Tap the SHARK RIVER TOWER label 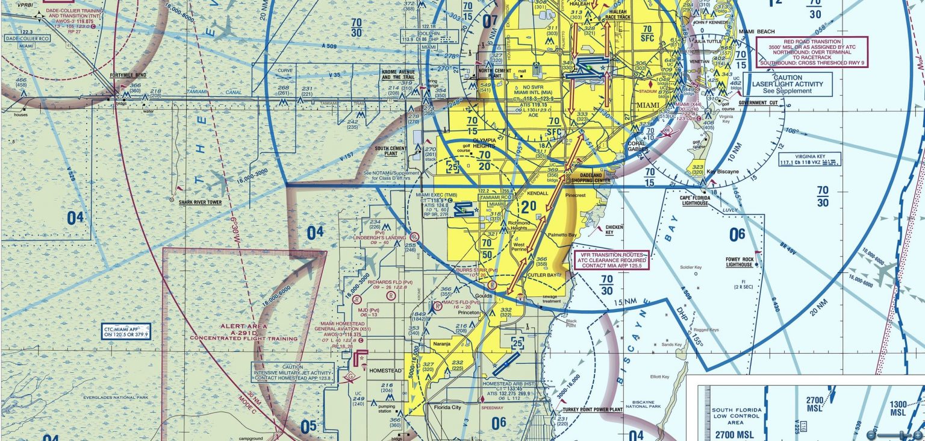pos(200,202)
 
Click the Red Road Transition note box pos(812,51)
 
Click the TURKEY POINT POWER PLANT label pos(590,410)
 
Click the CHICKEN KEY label pos(614,230)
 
